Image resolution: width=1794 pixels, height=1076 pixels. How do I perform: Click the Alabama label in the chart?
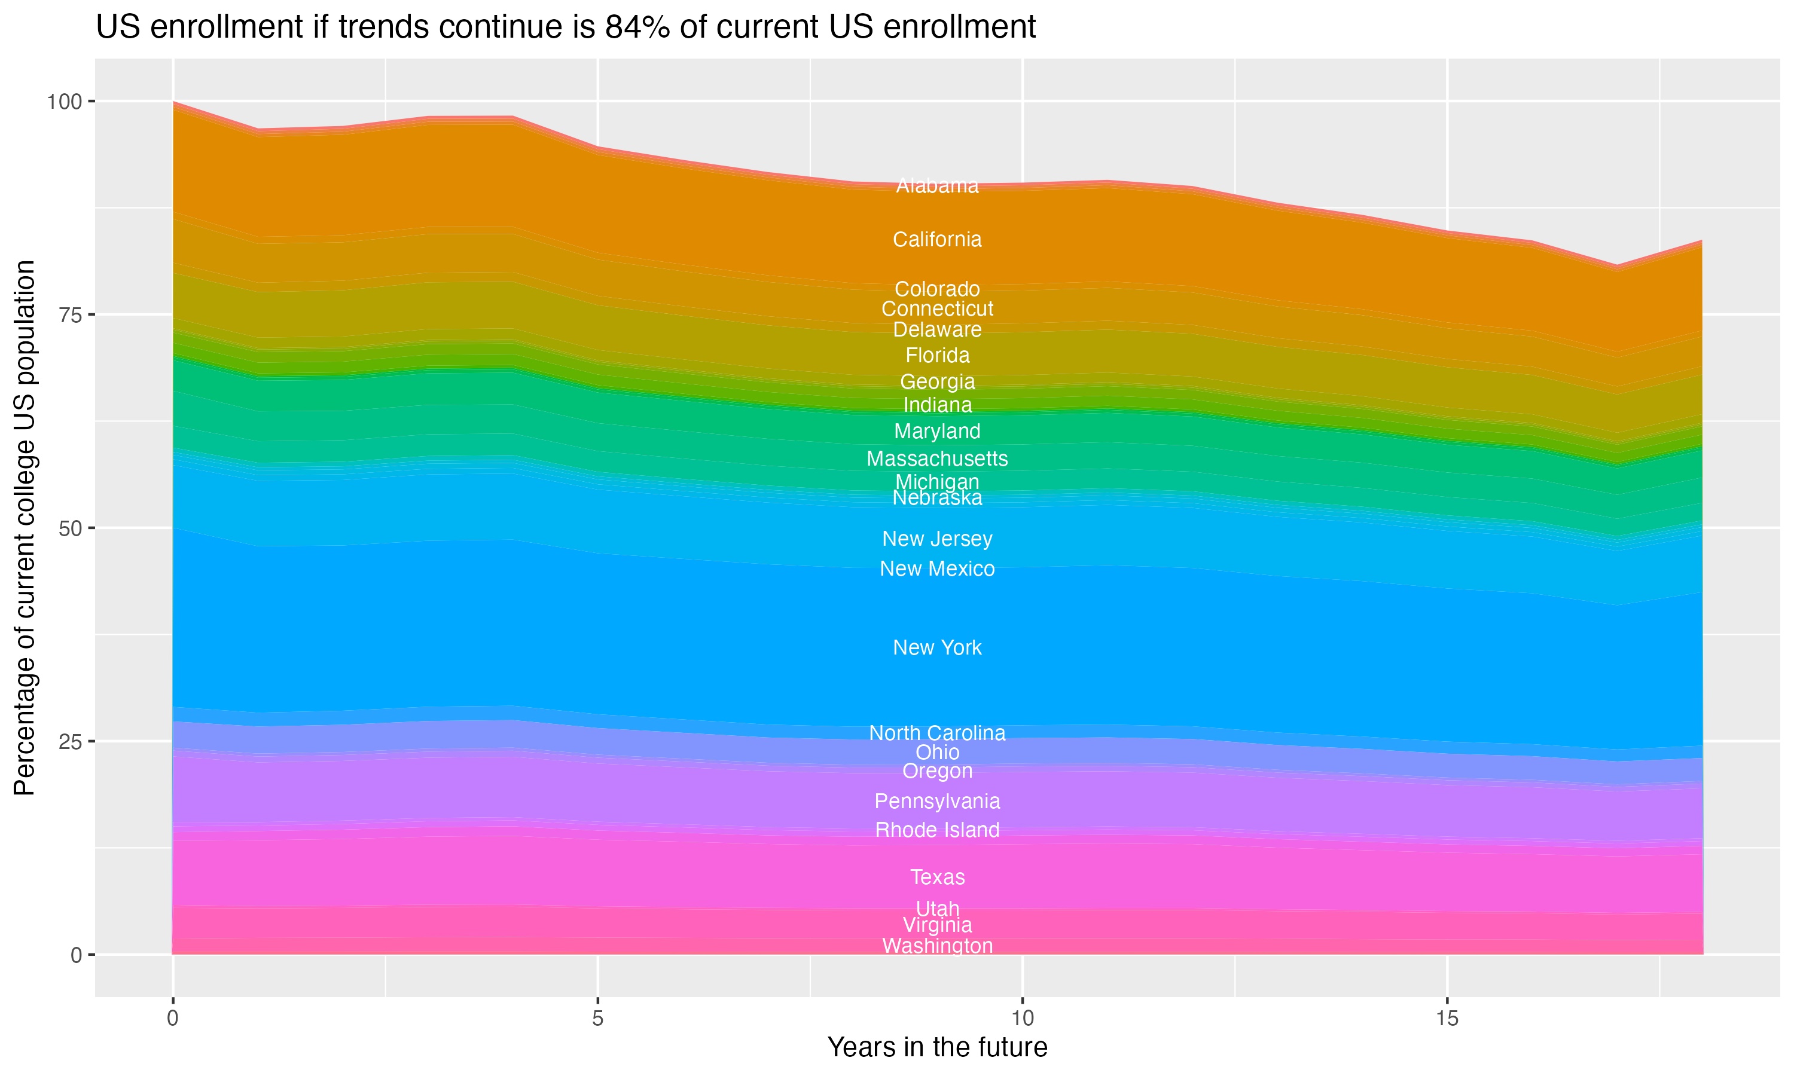[x=937, y=186]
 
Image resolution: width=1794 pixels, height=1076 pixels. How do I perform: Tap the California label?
[x=937, y=239]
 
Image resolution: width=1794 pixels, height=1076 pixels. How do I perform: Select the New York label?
[x=937, y=647]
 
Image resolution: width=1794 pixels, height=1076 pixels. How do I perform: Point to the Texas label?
[x=937, y=878]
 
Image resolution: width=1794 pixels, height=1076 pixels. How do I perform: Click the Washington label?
[x=937, y=946]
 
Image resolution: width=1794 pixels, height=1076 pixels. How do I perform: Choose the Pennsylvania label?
[x=937, y=801]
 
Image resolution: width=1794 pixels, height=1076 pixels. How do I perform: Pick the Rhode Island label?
[x=937, y=830]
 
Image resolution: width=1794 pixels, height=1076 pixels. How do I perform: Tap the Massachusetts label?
[x=937, y=458]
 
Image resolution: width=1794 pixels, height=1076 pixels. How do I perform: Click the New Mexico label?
[x=937, y=568]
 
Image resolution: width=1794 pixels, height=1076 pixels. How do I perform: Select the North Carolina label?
[x=937, y=733]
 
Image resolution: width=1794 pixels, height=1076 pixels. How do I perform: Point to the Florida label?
[x=937, y=355]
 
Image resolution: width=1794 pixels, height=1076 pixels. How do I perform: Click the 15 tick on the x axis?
[x=1447, y=1019]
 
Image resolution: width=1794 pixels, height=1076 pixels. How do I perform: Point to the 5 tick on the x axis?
[x=597, y=1019]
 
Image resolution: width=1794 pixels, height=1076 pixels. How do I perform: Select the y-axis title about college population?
[x=25, y=528]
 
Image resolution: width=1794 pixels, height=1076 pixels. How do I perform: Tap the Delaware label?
[x=937, y=330]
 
